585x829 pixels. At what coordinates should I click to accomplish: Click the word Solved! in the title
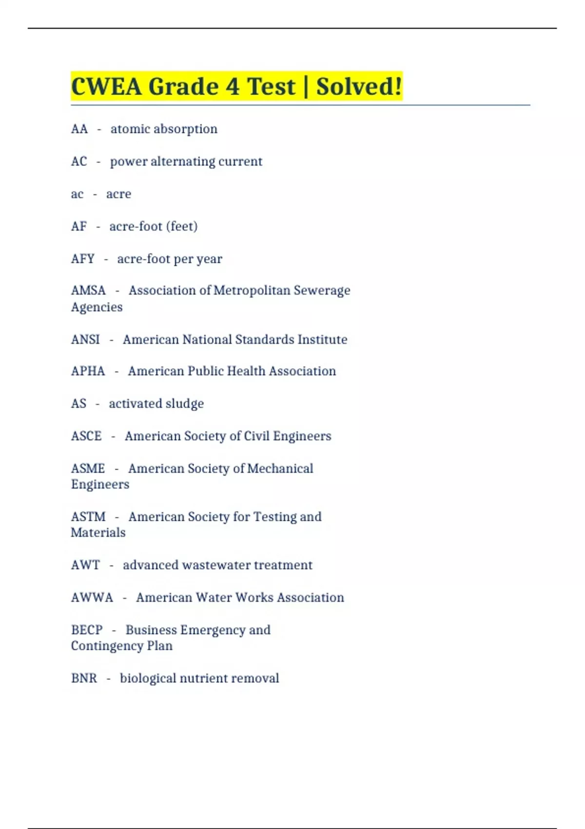pos(359,87)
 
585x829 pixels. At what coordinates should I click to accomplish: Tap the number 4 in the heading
pos(232,87)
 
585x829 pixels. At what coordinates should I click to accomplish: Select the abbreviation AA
pos(79,129)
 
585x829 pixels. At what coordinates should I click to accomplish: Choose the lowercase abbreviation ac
pos(77,194)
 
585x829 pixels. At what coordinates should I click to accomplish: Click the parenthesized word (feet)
pos(182,226)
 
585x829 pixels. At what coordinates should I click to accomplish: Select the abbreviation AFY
pos(82,258)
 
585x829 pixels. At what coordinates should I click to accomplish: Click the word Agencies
pos(97,307)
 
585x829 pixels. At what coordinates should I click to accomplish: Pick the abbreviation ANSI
pos(85,339)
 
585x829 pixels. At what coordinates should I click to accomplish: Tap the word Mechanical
pos(280,469)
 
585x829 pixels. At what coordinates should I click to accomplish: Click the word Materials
pos(98,533)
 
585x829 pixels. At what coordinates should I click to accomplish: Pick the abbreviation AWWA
pos(92,597)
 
